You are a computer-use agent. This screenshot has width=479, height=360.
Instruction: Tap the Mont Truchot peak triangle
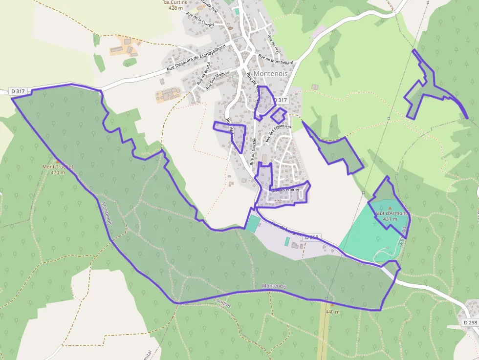tap(58, 161)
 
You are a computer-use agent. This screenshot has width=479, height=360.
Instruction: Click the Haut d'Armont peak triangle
tap(390, 208)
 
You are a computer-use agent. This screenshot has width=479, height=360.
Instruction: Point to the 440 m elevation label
tap(332, 312)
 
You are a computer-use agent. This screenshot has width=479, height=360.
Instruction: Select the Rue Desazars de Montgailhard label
tap(196, 58)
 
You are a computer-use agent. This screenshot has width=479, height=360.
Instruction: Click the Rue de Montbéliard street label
tap(276, 59)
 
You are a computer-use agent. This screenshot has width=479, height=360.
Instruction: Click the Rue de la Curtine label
tap(200, 18)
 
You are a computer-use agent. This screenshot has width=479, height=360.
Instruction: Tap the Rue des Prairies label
tap(285, 190)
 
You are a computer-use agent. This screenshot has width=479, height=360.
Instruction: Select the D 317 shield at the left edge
tap(18, 91)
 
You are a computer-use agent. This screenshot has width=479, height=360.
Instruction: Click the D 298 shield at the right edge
tap(470, 323)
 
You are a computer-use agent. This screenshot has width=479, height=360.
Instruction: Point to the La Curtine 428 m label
tap(175, 5)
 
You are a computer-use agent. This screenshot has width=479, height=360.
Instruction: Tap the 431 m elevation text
tap(391, 219)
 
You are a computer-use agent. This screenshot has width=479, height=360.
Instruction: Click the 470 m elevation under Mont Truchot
tap(58, 172)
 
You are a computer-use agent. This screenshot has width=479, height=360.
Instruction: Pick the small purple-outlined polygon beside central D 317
tap(278, 116)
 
